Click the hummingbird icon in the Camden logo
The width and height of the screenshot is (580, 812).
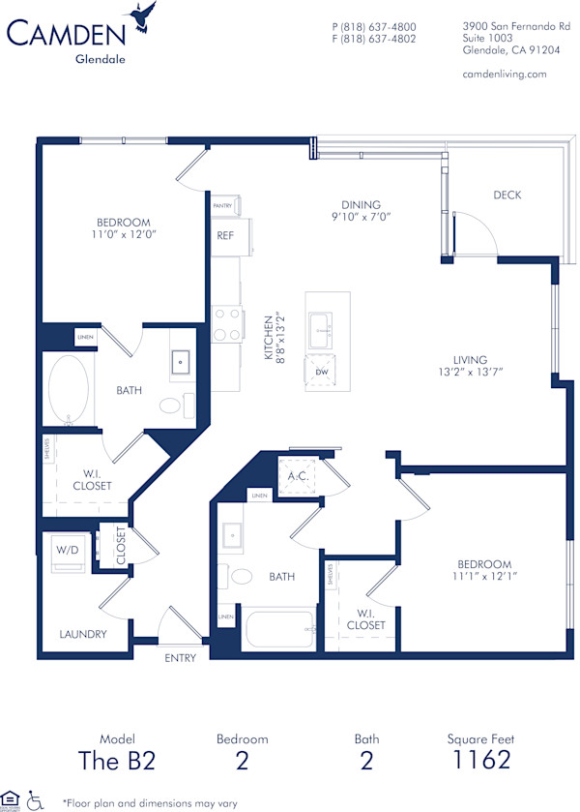(x=146, y=16)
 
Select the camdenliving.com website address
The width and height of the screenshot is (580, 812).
(x=505, y=74)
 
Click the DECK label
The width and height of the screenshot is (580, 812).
(x=507, y=195)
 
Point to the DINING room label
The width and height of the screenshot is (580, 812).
(x=361, y=205)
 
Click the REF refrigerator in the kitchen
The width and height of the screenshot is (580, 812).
(x=225, y=235)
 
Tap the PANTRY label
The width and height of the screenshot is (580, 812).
(x=223, y=206)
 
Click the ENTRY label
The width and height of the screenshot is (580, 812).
(x=181, y=658)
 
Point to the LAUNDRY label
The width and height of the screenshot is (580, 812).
(x=82, y=635)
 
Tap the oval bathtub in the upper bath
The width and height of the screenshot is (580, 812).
(x=69, y=390)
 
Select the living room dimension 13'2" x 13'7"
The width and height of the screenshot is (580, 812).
(x=471, y=372)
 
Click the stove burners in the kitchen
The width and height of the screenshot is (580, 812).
(x=226, y=324)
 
